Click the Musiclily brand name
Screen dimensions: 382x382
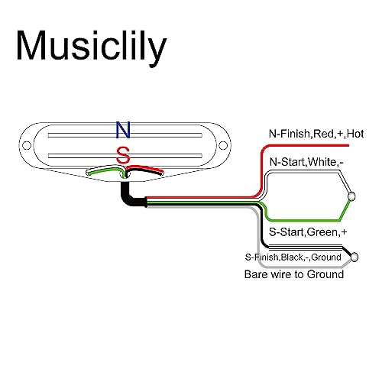pyautogui.click(x=92, y=48)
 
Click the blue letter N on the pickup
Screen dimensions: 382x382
pyautogui.click(x=123, y=130)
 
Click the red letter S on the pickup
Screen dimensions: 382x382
pyautogui.click(x=123, y=155)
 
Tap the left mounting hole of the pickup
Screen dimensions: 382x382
pyautogui.click(x=27, y=145)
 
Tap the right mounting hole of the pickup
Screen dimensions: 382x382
pyautogui.click(x=223, y=145)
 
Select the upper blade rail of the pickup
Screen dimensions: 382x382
pyautogui.click(x=125, y=135)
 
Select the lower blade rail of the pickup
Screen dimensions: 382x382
pyautogui.click(x=125, y=156)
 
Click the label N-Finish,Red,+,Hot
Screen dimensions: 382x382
pyautogui.click(x=316, y=134)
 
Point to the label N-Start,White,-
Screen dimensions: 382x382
pyautogui.click(x=306, y=162)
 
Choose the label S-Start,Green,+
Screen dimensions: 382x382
pyautogui.click(x=308, y=232)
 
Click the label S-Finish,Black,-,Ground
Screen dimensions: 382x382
pyautogui.click(x=293, y=257)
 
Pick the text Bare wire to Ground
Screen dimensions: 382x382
pyautogui.click(x=294, y=274)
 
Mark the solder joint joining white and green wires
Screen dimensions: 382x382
pyautogui.click(x=351, y=196)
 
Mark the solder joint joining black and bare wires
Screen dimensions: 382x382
pyautogui.click(x=354, y=257)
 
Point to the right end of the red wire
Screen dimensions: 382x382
pyautogui.click(x=348, y=145)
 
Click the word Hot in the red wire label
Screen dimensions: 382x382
pyautogui.click(x=355, y=134)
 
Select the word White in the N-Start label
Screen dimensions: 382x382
pyautogui.click(x=322, y=162)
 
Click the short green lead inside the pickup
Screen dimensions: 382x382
pyautogui.click(x=105, y=170)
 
